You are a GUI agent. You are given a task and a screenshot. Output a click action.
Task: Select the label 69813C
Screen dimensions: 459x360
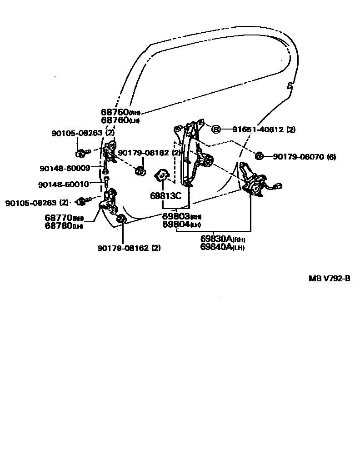click(x=165, y=196)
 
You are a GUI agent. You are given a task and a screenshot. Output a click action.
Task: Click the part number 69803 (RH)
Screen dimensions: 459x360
click(x=181, y=217)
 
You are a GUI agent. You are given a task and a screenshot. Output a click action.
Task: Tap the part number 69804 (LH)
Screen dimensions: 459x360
click(x=181, y=225)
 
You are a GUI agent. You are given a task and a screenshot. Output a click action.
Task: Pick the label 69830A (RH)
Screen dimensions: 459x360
click(x=223, y=239)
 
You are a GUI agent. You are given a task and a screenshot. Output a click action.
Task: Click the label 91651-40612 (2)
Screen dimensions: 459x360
click(x=264, y=130)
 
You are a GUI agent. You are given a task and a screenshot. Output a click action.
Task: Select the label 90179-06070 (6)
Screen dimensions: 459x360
click(x=304, y=157)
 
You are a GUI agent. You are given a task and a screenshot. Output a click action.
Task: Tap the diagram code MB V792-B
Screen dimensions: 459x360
click(x=330, y=279)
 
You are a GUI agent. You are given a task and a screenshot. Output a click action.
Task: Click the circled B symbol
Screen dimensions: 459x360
click(x=216, y=130)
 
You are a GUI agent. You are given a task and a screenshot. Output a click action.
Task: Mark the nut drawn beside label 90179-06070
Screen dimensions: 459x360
click(x=260, y=156)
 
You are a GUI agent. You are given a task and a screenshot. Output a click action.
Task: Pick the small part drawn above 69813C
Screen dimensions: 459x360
click(x=162, y=175)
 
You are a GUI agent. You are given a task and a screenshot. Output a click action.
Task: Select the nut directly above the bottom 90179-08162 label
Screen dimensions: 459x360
click(x=122, y=220)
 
